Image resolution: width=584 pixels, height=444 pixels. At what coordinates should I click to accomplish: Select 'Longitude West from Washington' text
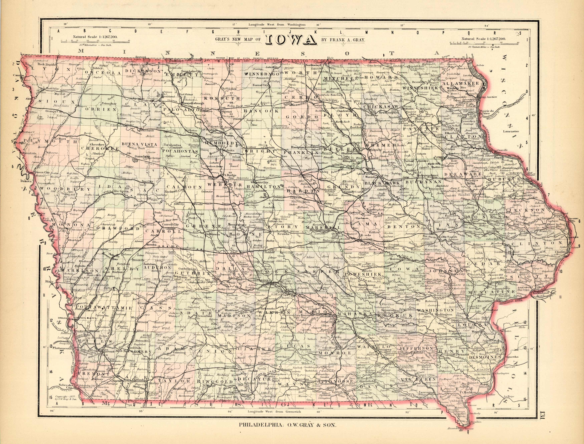(x=277, y=25)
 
